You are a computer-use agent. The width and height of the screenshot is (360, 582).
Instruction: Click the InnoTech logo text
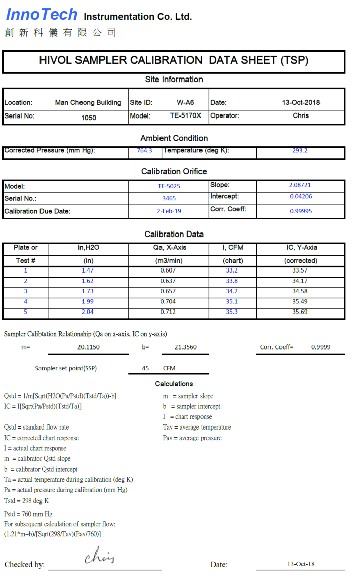(42, 15)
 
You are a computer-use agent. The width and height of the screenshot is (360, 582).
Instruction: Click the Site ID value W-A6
(185, 102)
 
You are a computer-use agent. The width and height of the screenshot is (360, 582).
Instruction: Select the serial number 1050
(88, 118)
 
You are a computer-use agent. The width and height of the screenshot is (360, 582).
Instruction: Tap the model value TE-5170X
(185, 115)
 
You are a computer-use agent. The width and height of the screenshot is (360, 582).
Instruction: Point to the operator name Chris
(301, 115)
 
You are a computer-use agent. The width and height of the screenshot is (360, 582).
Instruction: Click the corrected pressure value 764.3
(144, 150)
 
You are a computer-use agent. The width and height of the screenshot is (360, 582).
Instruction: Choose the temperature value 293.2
(300, 150)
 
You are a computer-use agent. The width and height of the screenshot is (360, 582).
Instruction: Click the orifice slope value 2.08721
(300, 185)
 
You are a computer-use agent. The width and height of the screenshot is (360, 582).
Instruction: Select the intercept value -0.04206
(300, 196)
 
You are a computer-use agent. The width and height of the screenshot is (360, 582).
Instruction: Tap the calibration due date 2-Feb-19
(169, 211)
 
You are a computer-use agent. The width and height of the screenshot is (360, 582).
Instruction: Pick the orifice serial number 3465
(169, 199)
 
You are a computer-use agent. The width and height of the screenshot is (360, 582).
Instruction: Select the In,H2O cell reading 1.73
(88, 291)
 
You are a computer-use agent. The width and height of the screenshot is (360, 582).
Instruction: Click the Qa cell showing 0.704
(168, 301)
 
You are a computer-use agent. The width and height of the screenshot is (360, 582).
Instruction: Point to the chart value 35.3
(232, 312)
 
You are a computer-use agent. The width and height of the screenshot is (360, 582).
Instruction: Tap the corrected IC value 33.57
(300, 270)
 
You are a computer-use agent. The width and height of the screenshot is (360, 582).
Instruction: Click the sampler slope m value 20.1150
(88, 347)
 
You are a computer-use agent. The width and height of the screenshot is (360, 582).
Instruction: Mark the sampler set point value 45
(145, 368)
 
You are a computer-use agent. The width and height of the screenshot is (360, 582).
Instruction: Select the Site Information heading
(174, 80)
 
